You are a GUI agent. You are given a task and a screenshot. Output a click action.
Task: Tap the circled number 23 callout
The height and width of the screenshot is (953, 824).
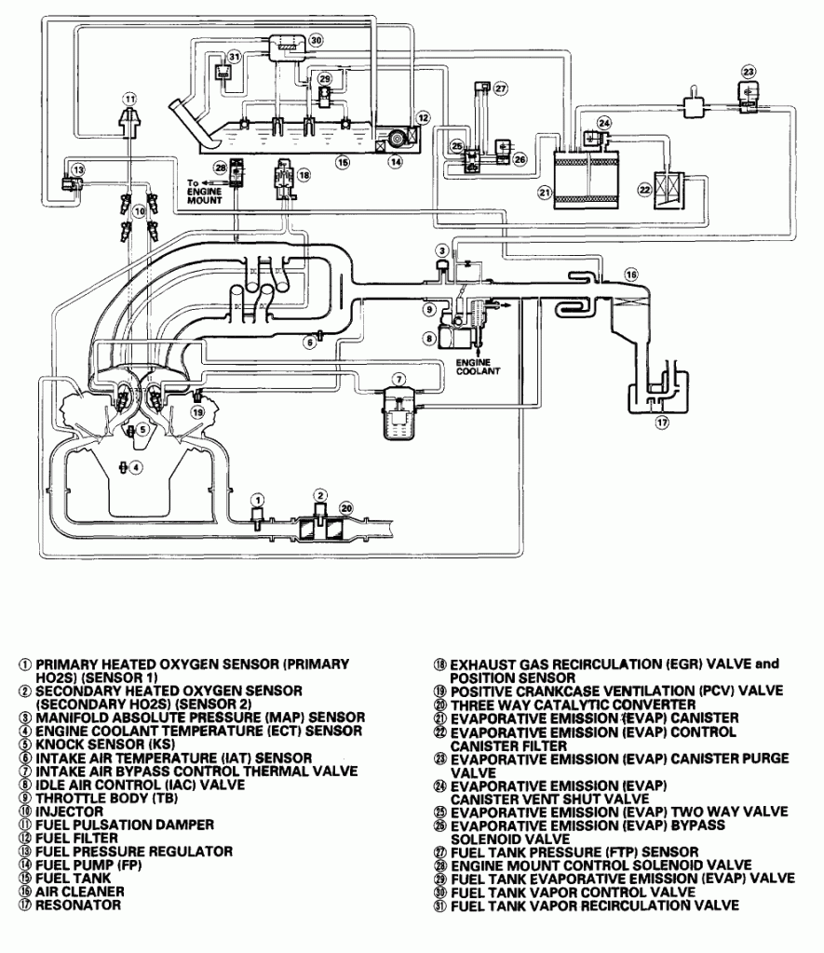pos(749,72)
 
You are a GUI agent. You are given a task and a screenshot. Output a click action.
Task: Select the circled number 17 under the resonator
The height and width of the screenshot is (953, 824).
pos(662,422)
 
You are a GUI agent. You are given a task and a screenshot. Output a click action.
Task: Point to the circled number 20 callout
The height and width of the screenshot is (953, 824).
pos(345,508)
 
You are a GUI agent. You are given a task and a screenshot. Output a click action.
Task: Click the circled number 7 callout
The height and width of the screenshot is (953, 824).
pos(398,380)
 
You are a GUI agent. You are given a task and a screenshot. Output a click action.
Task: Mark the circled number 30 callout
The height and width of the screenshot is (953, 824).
pos(316,40)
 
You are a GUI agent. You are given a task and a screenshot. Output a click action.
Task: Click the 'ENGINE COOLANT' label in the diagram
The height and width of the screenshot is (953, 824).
pos(478,367)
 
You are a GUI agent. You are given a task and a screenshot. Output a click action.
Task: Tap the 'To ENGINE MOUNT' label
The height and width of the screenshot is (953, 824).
pos(204,192)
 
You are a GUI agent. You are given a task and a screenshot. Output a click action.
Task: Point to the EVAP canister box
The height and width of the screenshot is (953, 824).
pos(587,180)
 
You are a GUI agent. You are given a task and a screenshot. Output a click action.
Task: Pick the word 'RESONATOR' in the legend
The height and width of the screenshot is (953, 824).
pos(78,905)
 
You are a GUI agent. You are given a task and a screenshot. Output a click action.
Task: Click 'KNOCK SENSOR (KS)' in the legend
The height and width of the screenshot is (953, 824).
pos(105,744)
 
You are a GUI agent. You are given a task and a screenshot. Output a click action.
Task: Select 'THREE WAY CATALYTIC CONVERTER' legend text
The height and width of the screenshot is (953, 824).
pos(573,705)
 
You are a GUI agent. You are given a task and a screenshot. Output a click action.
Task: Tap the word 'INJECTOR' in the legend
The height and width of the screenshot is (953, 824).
pos(69,812)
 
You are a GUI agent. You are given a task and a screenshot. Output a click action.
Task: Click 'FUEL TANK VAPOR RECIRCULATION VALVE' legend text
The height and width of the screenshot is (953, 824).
pos(595,906)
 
